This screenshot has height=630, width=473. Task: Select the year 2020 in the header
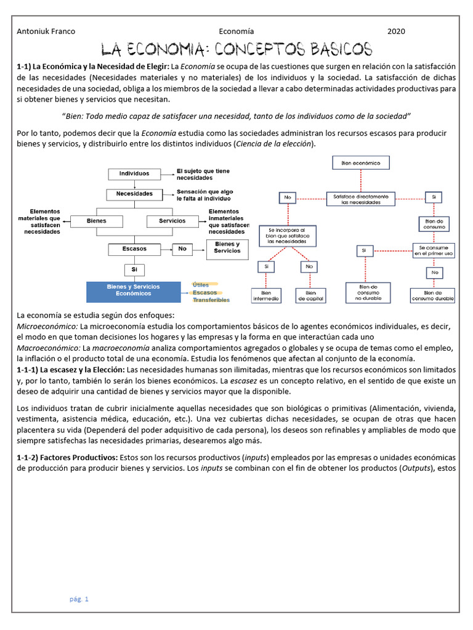point(396,32)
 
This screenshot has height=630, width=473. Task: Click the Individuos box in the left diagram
point(134,174)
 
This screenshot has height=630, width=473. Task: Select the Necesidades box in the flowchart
point(134,193)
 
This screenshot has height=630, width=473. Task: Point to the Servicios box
point(172,221)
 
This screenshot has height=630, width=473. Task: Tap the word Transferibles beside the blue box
point(211,300)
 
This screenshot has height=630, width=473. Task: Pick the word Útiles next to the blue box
point(201,285)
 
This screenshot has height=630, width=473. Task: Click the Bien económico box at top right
point(361,163)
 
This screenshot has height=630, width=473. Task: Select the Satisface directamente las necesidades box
point(361,199)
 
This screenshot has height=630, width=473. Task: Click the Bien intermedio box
point(266,296)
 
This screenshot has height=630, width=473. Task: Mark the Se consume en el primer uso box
point(434,250)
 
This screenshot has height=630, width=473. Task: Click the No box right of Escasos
point(182,249)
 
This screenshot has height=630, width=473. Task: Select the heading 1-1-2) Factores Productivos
point(67,458)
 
